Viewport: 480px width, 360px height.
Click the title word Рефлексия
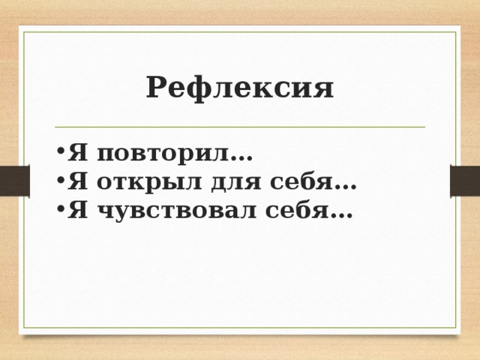point(240,88)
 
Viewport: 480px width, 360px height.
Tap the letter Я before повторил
point(75,154)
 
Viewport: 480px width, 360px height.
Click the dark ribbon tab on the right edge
point(464,181)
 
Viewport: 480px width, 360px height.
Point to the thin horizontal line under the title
point(240,127)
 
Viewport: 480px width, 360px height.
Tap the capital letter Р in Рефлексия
point(156,88)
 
